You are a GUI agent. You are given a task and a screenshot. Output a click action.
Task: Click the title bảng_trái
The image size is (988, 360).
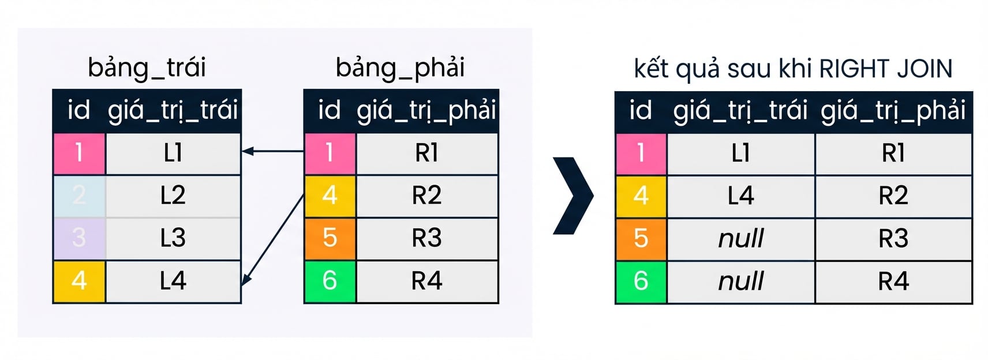click(x=147, y=67)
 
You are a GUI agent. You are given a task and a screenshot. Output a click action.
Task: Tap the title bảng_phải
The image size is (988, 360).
click(x=400, y=67)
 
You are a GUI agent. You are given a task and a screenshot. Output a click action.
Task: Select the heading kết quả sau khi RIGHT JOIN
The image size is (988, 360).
click(x=793, y=69)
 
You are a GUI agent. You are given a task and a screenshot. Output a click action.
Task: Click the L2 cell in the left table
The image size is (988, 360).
click(x=173, y=196)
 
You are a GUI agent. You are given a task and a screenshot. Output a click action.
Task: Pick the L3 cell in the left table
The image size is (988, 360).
click(x=173, y=238)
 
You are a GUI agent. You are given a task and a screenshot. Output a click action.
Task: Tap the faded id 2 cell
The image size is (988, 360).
click(x=80, y=196)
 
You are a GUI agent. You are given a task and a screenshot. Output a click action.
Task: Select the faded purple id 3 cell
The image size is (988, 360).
click(x=80, y=238)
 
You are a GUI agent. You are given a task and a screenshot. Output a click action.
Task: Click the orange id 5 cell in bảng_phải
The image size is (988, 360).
click(x=330, y=238)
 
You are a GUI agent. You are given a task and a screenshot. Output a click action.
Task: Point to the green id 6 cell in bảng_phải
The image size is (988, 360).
click(x=330, y=281)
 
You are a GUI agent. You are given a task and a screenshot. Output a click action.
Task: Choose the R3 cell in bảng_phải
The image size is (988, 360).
click(x=427, y=238)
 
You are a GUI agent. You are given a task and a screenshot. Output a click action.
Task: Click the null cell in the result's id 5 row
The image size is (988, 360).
click(x=741, y=239)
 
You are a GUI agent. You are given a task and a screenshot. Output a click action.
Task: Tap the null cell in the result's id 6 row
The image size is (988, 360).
click(x=741, y=282)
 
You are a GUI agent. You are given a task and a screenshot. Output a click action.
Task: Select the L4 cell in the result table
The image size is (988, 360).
click(x=741, y=196)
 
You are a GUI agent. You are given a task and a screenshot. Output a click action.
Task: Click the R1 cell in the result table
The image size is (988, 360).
click(x=893, y=153)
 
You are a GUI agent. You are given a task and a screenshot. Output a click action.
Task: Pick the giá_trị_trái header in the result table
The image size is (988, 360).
click(x=740, y=111)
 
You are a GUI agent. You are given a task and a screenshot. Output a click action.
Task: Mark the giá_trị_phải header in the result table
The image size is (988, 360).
click(x=893, y=111)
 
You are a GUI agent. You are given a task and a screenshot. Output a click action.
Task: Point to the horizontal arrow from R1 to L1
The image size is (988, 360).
click(x=273, y=151)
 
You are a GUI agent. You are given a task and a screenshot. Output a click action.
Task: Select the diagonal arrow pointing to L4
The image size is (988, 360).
click(x=273, y=239)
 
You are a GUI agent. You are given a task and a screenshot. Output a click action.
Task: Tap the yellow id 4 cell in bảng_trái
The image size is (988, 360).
click(x=80, y=281)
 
